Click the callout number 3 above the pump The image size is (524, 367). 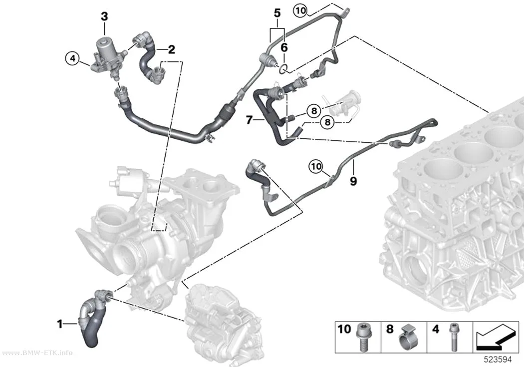(105, 16)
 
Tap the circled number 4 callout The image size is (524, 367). (72, 59)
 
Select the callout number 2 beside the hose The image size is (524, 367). (172, 50)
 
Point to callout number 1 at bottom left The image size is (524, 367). (60, 324)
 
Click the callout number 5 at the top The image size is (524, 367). (277, 13)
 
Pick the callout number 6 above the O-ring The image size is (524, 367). (284, 48)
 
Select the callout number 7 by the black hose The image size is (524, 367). (249, 120)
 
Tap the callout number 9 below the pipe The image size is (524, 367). (353, 181)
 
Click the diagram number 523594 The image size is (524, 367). (498, 360)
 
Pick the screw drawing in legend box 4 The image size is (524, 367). (453, 337)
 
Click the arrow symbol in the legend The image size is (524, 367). (495, 338)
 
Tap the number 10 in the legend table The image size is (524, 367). (344, 329)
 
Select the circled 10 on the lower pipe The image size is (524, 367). (316, 166)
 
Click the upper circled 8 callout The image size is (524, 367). (314, 111)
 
